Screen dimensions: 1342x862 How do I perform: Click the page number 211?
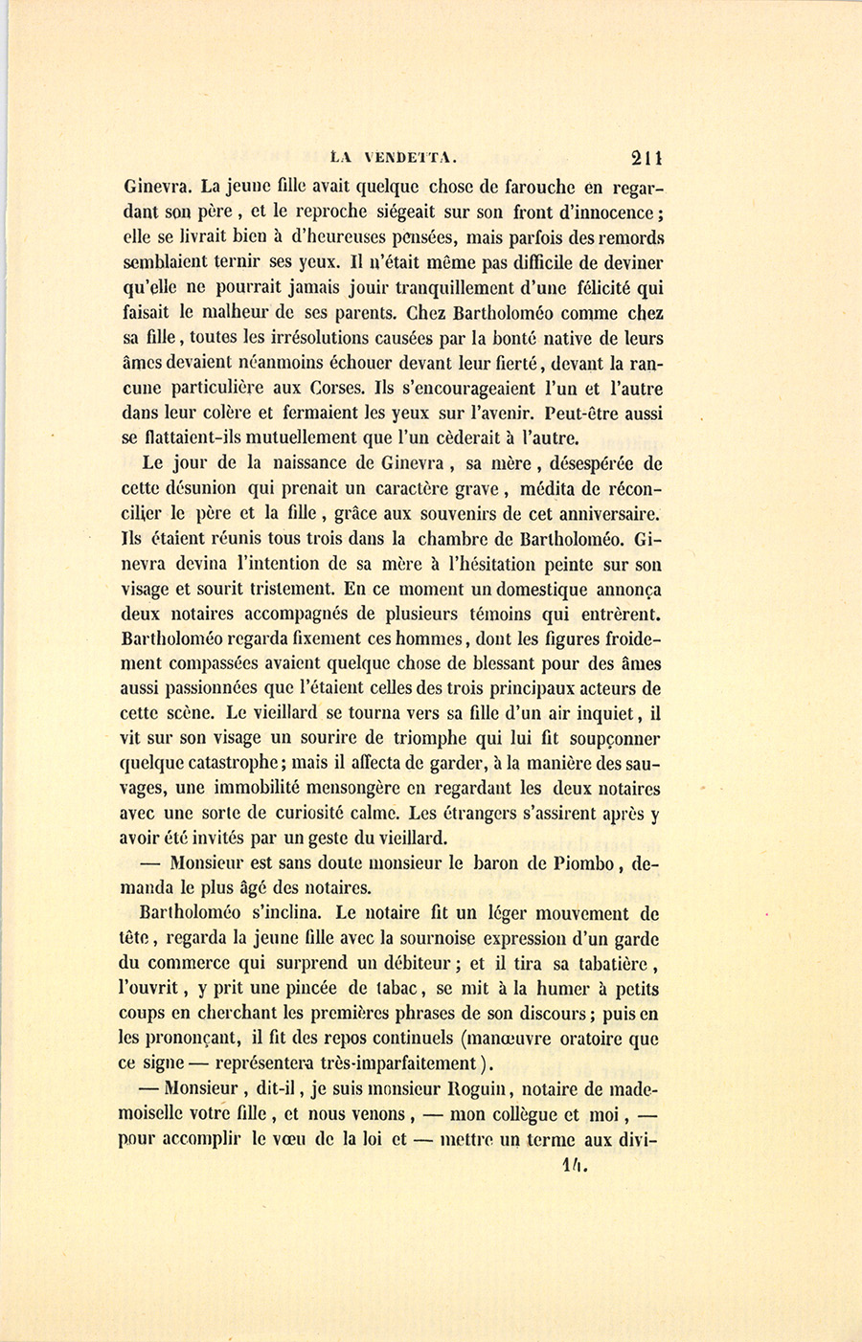[x=647, y=158]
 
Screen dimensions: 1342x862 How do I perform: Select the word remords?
[x=629, y=237]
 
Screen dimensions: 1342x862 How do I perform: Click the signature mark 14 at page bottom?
[x=575, y=1165]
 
